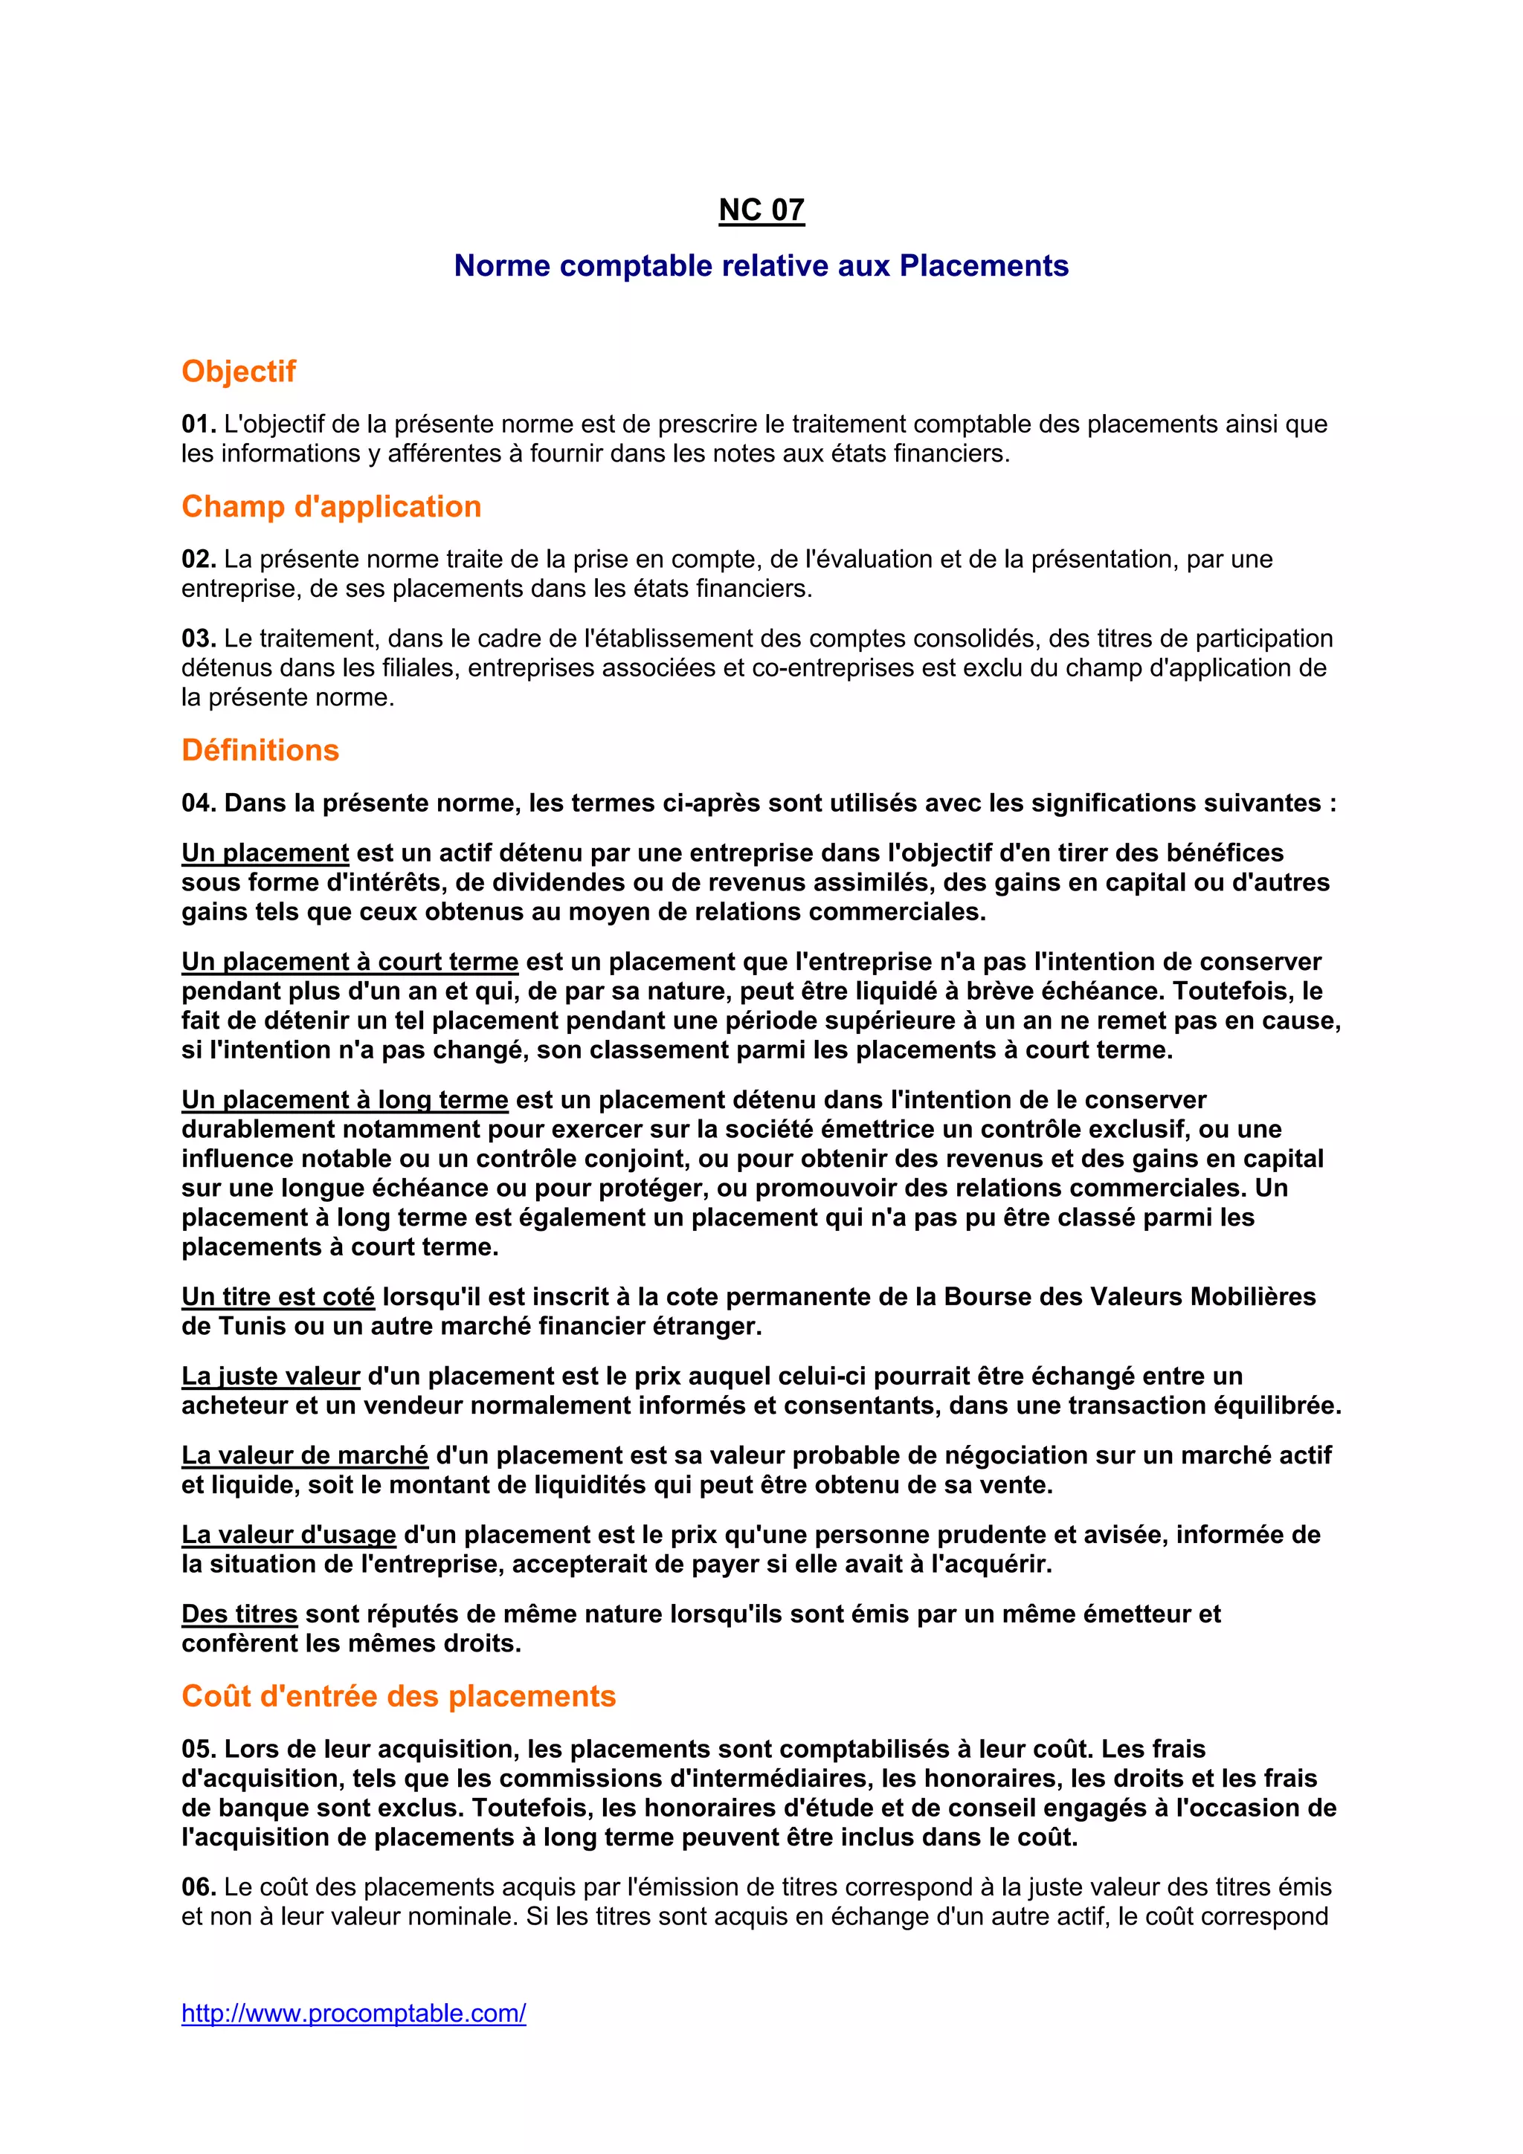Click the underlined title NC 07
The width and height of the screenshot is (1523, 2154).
click(x=761, y=210)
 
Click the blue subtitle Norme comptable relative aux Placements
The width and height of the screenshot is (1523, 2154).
click(x=761, y=266)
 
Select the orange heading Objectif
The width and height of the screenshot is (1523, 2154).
click(x=239, y=372)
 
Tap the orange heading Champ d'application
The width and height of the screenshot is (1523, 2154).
click(x=331, y=507)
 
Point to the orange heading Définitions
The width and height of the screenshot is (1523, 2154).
click(x=260, y=751)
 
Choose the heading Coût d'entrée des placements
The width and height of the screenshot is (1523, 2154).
click(x=399, y=1696)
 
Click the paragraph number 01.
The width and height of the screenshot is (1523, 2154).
click(x=198, y=424)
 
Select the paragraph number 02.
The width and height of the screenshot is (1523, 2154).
click(x=198, y=559)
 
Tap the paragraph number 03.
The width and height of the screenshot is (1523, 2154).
click(x=198, y=639)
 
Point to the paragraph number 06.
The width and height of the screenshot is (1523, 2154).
click(x=198, y=1886)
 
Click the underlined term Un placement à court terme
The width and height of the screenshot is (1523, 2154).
click(x=350, y=962)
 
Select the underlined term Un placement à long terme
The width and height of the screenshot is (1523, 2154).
click(x=344, y=1099)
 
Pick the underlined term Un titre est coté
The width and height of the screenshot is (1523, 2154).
click(x=278, y=1296)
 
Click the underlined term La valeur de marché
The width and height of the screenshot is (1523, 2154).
click(x=305, y=1455)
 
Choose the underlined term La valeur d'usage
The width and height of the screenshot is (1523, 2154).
click(x=289, y=1535)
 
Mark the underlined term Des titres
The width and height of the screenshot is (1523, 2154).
click(x=239, y=1614)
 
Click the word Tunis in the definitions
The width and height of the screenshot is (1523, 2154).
click(x=256, y=1327)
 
